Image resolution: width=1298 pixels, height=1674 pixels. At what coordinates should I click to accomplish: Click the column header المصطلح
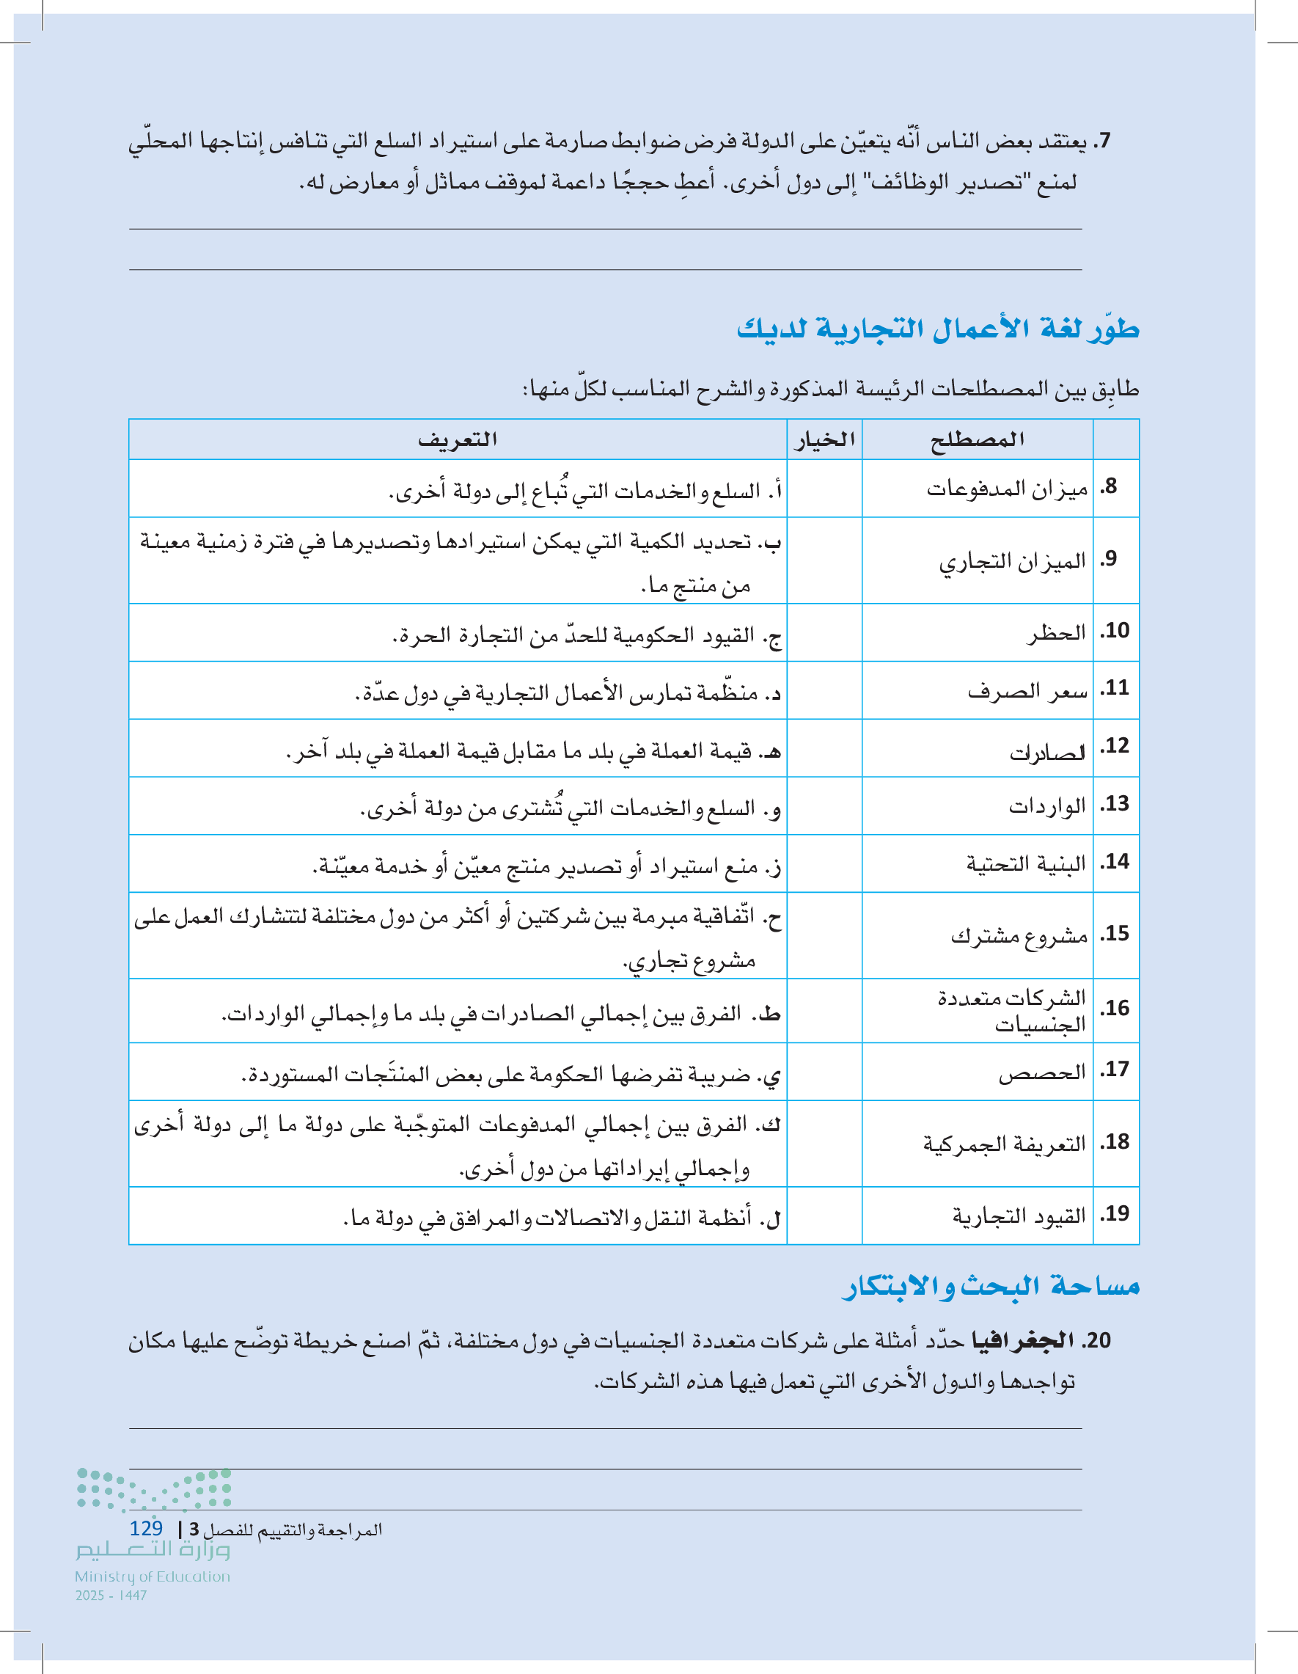coord(977,440)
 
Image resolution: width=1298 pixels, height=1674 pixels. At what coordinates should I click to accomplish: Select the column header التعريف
coord(458,440)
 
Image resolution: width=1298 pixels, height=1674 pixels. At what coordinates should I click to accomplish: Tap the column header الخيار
coord(824,440)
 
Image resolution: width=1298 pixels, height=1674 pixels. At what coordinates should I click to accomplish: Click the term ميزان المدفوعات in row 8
coord(1007,489)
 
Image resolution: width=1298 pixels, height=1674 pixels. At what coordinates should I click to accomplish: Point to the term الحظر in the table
coord(1057,632)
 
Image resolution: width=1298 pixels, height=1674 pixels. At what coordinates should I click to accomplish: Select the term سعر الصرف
coord(1027,690)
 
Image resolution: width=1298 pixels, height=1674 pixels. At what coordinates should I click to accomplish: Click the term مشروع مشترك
coord(1019,935)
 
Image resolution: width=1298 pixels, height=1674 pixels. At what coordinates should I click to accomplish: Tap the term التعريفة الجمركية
coord(1005,1144)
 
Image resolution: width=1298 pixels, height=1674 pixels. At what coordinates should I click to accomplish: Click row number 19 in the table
coord(1115,1214)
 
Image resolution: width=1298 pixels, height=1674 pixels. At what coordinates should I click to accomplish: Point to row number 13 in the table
coord(1115,804)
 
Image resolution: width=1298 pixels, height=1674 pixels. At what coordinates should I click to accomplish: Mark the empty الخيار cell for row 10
coord(824,632)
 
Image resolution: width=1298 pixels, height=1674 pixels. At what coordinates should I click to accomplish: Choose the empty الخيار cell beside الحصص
coord(824,1072)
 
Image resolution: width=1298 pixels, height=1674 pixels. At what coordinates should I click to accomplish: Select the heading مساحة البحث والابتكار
coord(990,1286)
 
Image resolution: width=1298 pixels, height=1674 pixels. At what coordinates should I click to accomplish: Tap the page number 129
coord(147,1527)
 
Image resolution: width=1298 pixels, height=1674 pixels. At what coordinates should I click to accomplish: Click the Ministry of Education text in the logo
coord(153,1576)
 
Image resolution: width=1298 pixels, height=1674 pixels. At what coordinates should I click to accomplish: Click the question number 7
coord(1102,141)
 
